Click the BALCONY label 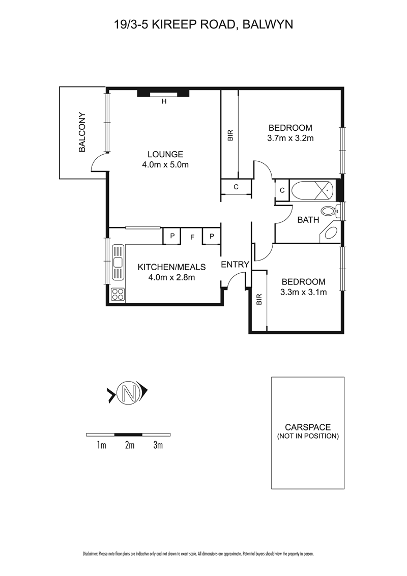[82, 132]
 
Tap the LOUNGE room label [165, 154]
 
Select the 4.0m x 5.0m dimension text [165, 165]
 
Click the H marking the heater [164, 101]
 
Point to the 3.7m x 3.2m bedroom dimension [290, 138]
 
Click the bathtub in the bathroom [312, 190]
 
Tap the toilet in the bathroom [329, 212]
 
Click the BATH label [308, 220]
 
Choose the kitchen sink [118, 262]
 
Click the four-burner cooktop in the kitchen [118, 294]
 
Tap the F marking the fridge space [192, 237]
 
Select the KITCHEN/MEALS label [171, 267]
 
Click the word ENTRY [235, 265]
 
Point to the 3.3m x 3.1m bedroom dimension [303, 293]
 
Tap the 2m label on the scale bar [130, 445]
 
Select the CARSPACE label [308, 427]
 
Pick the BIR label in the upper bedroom [230, 135]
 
